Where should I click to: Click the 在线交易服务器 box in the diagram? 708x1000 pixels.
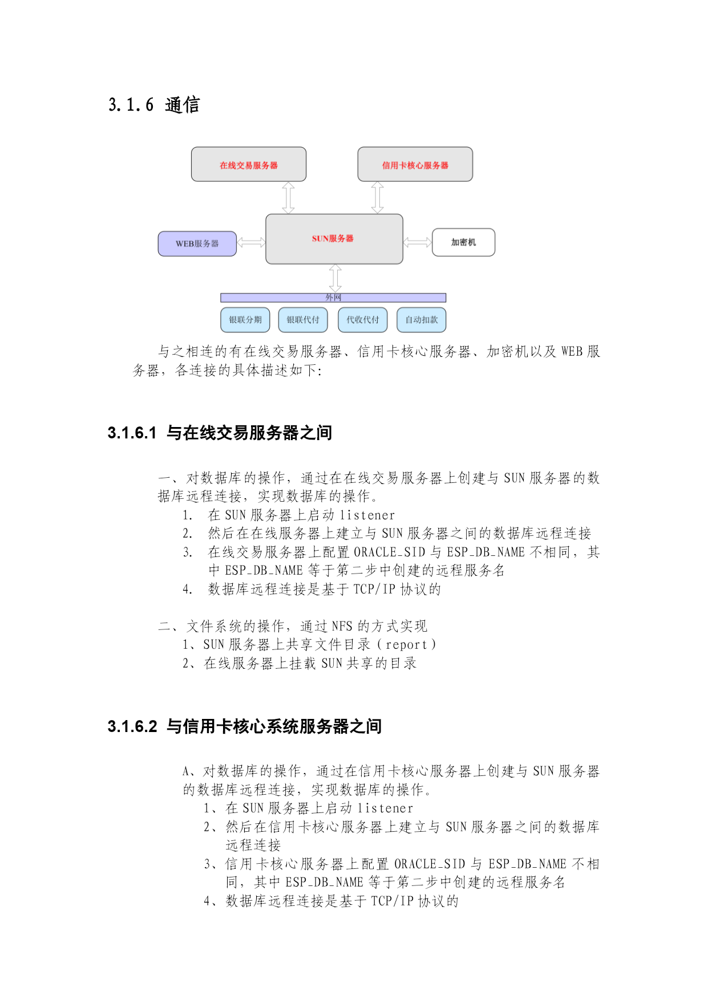[x=249, y=164]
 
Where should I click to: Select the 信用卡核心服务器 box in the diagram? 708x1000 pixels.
[x=415, y=164]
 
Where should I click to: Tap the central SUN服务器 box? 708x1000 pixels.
[x=334, y=239]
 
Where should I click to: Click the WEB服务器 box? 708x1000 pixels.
[x=197, y=243]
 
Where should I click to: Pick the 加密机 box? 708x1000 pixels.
[x=464, y=242]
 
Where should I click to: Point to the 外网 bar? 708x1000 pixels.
[x=333, y=298]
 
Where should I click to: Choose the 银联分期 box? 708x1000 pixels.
[x=245, y=320]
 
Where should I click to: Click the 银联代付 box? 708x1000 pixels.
[x=303, y=320]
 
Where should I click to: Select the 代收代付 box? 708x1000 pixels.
[x=363, y=320]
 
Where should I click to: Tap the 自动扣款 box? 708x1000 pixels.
[x=422, y=320]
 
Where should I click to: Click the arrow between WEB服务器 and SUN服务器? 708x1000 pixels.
[x=251, y=242]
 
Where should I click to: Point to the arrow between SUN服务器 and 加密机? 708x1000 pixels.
[x=418, y=242]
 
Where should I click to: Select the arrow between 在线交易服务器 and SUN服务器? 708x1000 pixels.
[x=289, y=198]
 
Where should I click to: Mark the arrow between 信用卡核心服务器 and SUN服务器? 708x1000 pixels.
[x=378, y=198]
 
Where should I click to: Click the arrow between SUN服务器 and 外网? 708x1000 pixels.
[x=335, y=279]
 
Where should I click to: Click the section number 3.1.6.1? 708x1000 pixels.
[x=132, y=433]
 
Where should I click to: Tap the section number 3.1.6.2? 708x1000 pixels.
[x=132, y=727]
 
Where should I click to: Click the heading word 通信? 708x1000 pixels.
[x=183, y=105]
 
